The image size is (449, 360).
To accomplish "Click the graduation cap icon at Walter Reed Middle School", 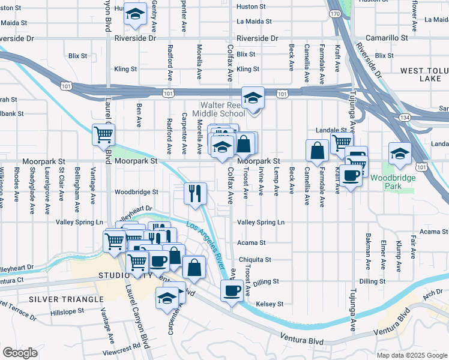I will [x=253, y=98].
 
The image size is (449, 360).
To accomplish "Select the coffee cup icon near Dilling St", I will [x=232, y=292].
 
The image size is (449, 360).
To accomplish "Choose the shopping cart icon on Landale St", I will [x=342, y=142].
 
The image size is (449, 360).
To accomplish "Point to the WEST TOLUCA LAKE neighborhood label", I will [x=424, y=74].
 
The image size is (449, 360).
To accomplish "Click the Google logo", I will [x=20, y=353].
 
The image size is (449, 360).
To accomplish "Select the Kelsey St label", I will [x=269, y=304].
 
